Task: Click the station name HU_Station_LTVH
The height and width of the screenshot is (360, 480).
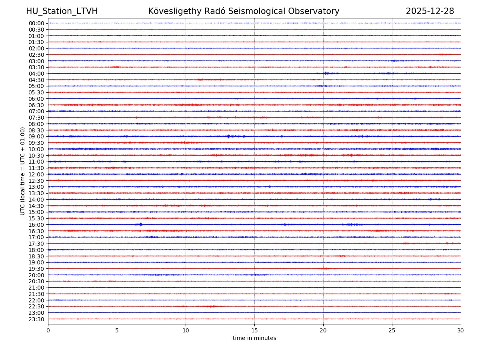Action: pyautogui.click(x=62, y=11)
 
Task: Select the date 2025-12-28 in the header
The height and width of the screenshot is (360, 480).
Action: pyautogui.click(x=430, y=11)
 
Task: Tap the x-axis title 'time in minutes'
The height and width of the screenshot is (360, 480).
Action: pyautogui.click(x=254, y=338)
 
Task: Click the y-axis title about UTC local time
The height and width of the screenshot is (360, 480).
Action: pyautogui.click(x=23, y=171)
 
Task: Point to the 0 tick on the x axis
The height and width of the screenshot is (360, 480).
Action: pyautogui.click(x=48, y=330)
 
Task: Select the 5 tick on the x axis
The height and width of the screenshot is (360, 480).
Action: pyautogui.click(x=117, y=330)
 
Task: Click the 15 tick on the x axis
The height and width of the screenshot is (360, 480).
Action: pyautogui.click(x=254, y=330)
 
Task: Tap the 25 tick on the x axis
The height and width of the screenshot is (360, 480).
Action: pyautogui.click(x=392, y=330)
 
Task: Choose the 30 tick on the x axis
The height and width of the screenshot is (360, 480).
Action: pyautogui.click(x=461, y=330)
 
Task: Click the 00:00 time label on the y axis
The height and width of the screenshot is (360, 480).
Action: pyautogui.click(x=36, y=23)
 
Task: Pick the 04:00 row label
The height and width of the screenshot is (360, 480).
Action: pyautogui.click(x=36, y=74)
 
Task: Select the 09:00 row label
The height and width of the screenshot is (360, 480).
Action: pyautogui.click(x=36, y=136)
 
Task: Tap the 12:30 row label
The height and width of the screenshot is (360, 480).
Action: pyautogui.click(x=36, y=181)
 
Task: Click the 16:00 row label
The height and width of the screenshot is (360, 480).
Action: pyautogui.click(x=36, y=225)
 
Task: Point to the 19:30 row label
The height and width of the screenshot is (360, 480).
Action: pyautogui.click(x=36, y=269)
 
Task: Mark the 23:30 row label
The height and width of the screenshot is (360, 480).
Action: pyautogui.click(x=36, y=319)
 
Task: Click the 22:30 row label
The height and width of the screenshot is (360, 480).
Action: pyautogui.click(x=36, y=306)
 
